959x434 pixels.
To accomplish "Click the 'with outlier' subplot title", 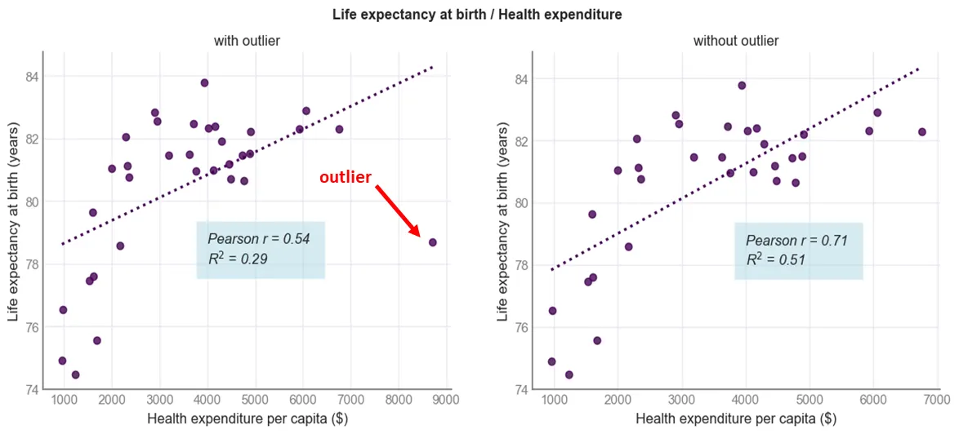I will [x=247, y=40].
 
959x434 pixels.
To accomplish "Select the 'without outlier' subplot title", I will [x=735, y=40].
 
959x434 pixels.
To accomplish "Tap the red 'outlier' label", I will [x=345, y=177].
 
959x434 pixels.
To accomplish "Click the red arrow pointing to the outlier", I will [x=398, y=211].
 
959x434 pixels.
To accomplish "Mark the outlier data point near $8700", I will [x=432, y=242].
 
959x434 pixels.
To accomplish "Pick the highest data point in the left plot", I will [x=204, y=82].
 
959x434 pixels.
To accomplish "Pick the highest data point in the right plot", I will [x=742, y=85].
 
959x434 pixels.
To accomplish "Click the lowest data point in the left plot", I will [x=75, y=374].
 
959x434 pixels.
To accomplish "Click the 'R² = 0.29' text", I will [x=237, y=259].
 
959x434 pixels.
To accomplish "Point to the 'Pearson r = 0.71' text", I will [x=796, y=241].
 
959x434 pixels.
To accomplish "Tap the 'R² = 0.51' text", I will [x=775, y=260].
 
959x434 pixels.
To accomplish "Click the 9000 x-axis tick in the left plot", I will [x=446, y=400].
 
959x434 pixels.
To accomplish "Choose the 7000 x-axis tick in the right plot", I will [x=936, y=400].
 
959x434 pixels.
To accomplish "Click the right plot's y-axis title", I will [x=503, y=220].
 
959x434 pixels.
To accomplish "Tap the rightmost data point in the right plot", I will [x=921, y=131].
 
